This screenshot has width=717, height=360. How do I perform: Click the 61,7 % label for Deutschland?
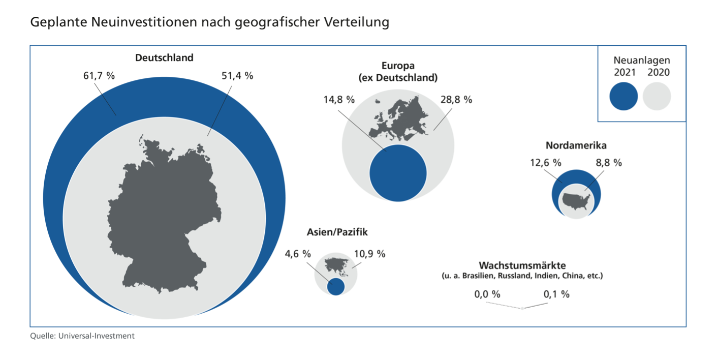pos(99,76)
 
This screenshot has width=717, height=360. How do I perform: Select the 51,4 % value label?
pos(237,76)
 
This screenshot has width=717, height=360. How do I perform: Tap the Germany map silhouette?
pos(163,214)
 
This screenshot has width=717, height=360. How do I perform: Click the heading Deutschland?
pos(164,57)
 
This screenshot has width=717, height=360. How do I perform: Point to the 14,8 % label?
pos(339,100)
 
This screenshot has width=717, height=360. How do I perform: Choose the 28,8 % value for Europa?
pos(456,100)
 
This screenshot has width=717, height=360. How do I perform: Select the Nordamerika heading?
pos(576,145)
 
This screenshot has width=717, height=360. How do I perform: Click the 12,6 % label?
pos(546,163)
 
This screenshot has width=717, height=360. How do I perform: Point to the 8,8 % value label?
pos(609,163)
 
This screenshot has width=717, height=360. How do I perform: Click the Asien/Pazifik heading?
pos(337,232)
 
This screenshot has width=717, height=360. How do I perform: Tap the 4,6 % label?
pos(298,254)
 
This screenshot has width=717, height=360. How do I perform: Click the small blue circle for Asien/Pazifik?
pos(335,287)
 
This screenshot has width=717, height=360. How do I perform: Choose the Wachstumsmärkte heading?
pos(522,265)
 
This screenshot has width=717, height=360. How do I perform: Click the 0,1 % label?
pos(556,294)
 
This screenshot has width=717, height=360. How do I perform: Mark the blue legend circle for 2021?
pos(624,96)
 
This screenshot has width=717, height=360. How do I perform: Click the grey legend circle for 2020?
pos(657,96)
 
